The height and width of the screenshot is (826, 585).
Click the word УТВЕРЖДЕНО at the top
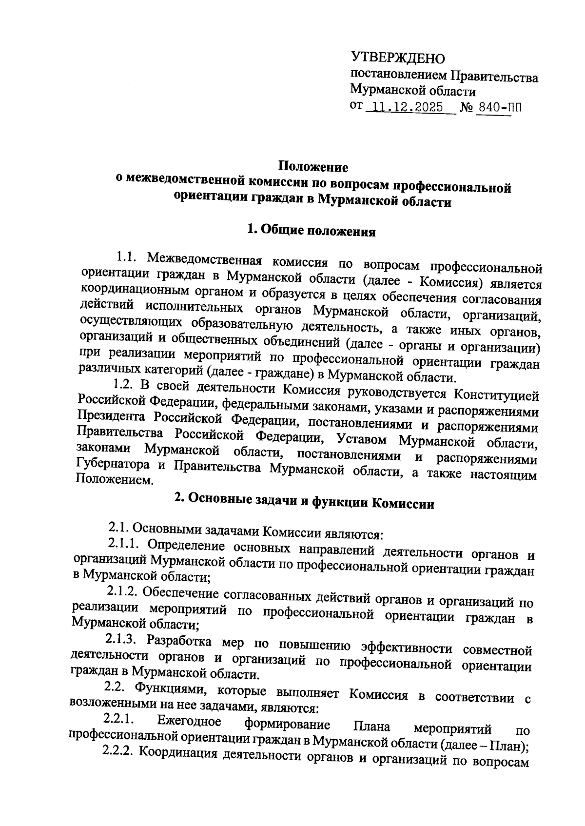pyautogui.click(x=398, y=59)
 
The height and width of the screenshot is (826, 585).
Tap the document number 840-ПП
pyautogui.click(x=499, y=107)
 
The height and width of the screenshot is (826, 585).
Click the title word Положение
pyautogui.click(x=313, y=167)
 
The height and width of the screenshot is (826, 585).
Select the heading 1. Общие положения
pyautogui.click(x=312, y=230)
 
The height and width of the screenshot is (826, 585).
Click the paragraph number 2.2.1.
pyautogui.click(x=118, y=720)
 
